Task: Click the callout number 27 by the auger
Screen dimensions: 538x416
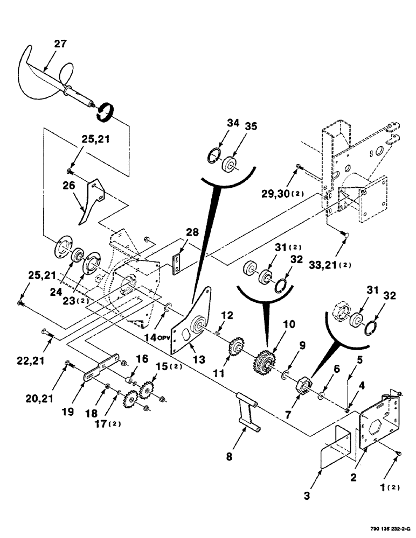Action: pyautogui.click(x=60, y=44)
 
